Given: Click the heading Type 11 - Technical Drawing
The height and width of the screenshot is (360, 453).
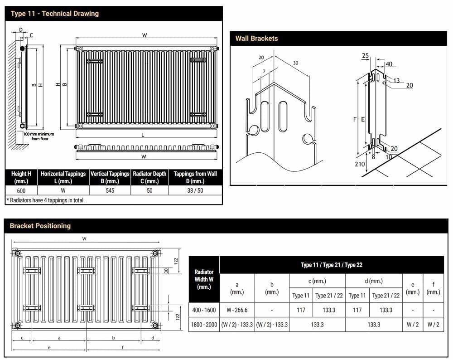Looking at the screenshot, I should click(54, 14).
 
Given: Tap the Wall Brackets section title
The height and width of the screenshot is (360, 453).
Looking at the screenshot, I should click(256, 39).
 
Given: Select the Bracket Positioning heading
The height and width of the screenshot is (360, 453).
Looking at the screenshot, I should click(40, 226).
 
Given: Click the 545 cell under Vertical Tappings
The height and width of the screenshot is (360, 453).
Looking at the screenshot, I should click(110, 190).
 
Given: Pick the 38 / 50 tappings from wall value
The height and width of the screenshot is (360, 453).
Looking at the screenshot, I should click(195, 190).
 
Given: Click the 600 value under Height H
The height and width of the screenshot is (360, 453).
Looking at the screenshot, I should click(21, 190).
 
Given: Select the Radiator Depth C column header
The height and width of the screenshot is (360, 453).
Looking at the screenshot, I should click(149, 177).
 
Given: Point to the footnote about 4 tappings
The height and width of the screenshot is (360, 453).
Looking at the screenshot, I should click(45, 200).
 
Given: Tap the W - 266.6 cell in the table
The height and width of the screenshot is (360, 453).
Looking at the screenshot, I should click(237, 310).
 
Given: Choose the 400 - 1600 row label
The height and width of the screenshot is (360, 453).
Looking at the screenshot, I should click(204, 310).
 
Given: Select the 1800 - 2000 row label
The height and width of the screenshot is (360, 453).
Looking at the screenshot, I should click(204, 325).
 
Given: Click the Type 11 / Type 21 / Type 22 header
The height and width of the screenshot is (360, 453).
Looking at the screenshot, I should click(332, 265).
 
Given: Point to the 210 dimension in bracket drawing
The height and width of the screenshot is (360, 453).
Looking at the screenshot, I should click(360, 164).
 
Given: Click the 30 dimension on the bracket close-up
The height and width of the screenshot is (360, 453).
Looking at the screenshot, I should click(296, 63).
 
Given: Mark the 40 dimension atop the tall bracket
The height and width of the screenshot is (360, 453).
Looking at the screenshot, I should click(389, 64).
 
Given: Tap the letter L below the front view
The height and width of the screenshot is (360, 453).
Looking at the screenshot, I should click(143, 135).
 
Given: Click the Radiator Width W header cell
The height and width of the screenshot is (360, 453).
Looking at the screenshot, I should click(204, 279).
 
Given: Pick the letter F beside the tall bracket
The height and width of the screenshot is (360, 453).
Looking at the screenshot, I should click(355, 119).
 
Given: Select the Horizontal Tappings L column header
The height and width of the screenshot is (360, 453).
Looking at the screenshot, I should click(63, 177).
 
